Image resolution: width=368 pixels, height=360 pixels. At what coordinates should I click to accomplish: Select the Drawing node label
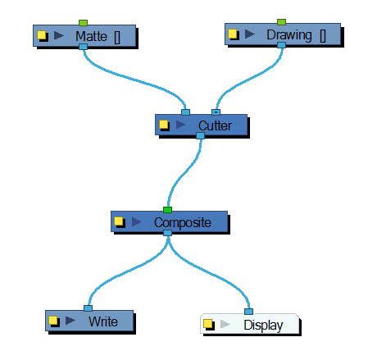pyautogui.click(x=288, y=35)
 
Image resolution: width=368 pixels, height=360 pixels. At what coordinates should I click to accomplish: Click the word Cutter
pyautogui.click(x=215, y=125)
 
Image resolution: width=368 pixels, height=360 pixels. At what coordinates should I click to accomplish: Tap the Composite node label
pyautogui.click(x=182, y=222)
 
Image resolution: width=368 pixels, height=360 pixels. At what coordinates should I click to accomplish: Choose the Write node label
pyautogui.click(x=102, y=321)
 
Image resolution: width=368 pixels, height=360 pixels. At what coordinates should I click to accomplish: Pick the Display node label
pyautogui.click(x=263, y=325)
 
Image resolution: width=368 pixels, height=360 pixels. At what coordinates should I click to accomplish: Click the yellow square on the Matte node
pyautogui.click(x=43, y=36)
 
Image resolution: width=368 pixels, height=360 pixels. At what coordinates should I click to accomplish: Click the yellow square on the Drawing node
pyautogui.click(x=233, y=35)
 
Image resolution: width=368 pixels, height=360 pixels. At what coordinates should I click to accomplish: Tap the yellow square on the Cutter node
pyautogui.click(x=164, y=125)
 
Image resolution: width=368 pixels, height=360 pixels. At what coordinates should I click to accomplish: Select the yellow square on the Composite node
pyautogui.click(x=120, y=222)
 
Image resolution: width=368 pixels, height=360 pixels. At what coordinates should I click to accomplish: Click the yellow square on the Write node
pyautogui.click(x=54, y=321)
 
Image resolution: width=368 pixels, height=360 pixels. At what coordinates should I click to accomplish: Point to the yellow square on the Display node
pyautogui.click(x=210, y=325)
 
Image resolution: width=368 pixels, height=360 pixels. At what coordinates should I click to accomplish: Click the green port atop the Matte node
pyautogui.click(x=83, y=22)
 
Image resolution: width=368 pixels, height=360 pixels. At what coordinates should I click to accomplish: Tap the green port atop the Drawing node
pyautogui.click(x=281, y=21)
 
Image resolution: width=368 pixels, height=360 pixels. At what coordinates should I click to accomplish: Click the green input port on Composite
pyautogui.click(x=167, y=210)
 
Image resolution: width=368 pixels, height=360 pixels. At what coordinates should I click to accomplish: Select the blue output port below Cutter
pyautogui.click(x=200, y=136)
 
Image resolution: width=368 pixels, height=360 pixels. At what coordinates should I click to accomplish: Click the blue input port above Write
pyautogui.click(x=88, y=309)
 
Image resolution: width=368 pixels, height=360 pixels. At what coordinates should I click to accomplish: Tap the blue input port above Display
pyautogui.click(x=248, y=312)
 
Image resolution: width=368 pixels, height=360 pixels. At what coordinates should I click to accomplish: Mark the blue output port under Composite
pyautogui.click(x=167, y=233)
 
